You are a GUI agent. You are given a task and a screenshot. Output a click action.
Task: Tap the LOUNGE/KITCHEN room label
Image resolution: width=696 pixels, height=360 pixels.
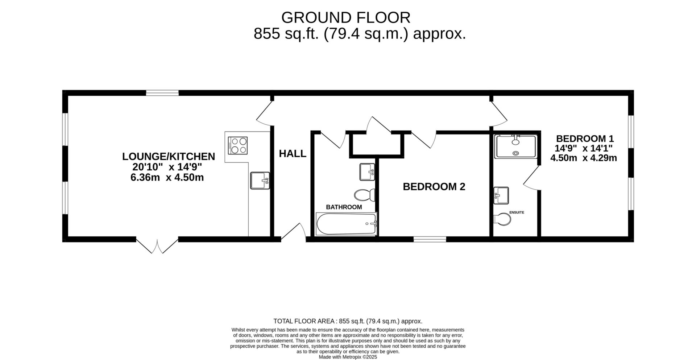169,157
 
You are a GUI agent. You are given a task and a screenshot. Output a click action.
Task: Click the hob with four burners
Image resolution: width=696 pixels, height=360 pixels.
238,145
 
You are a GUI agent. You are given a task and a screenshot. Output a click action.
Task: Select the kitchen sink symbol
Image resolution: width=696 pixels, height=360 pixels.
260,181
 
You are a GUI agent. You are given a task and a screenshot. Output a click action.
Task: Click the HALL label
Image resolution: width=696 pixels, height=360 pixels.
293,154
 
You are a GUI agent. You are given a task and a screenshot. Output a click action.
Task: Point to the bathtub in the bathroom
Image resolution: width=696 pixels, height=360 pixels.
347,224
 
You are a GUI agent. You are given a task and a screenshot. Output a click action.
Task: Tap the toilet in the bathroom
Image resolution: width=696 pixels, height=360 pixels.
364,195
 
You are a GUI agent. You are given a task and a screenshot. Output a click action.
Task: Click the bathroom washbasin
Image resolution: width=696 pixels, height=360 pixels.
367,172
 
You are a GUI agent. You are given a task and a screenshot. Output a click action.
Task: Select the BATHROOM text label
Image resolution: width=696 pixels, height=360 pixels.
344,207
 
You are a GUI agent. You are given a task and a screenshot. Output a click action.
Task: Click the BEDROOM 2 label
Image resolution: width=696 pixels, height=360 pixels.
434,187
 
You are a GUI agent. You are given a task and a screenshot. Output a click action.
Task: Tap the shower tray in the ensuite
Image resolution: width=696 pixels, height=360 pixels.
515,146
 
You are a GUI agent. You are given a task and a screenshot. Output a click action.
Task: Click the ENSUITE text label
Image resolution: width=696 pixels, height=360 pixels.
517,212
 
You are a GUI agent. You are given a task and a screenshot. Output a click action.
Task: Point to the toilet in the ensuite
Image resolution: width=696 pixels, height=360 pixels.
502,219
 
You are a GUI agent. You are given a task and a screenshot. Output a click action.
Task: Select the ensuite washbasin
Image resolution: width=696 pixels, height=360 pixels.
501,195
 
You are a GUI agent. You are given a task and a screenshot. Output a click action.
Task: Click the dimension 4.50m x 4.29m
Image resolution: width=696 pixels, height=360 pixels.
584,158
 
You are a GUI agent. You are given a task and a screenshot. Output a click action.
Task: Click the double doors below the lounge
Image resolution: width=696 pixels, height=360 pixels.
157,246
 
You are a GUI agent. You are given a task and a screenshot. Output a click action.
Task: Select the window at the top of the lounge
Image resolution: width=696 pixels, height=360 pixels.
162,93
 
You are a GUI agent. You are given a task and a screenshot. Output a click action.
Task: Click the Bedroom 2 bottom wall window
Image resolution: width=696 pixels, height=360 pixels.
430,239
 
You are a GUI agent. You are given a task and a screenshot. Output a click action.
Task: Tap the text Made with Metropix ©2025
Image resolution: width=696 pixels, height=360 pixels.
348,357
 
